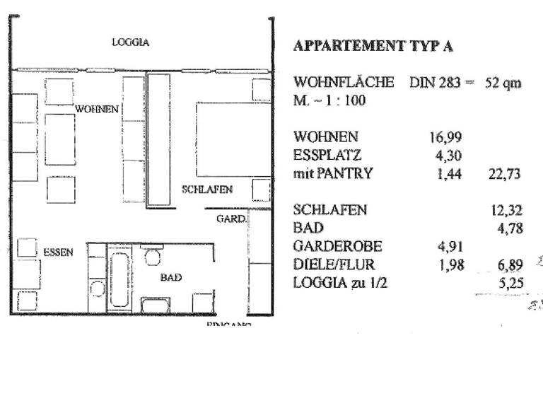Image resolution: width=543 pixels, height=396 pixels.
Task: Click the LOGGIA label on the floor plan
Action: point(131,42)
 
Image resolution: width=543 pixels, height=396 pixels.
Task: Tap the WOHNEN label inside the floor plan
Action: point(98,110)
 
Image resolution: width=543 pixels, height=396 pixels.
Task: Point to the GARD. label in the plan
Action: point(230,219)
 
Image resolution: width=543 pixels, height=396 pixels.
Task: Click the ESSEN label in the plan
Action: point(58,252)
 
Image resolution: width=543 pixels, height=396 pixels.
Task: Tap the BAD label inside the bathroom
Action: point(171,278)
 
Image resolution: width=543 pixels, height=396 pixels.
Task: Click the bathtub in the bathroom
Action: point(118,277)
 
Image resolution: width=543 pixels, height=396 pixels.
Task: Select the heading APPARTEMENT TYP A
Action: point(373,47)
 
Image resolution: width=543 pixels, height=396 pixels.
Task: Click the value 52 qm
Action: point(503,83)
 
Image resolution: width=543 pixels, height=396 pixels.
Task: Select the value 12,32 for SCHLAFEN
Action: point(504,211)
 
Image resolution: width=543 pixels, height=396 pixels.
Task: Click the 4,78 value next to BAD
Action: point(508,228)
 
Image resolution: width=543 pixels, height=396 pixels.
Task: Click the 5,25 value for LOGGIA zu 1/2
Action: point(508,284)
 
